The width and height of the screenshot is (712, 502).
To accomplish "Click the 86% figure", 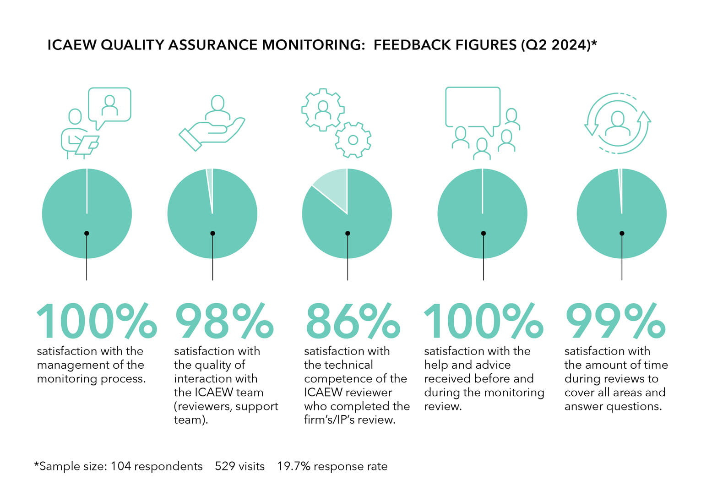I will point(352,321).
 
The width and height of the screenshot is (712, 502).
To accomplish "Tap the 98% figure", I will point(224,321).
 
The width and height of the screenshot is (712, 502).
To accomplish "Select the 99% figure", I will point(615,321).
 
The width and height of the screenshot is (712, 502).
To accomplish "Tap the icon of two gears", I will point(336,123).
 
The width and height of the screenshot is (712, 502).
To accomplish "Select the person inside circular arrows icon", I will point(618,123).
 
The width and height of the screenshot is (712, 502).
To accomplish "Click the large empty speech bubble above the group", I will point(473,107).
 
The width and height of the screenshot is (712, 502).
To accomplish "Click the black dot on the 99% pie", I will point(622,234).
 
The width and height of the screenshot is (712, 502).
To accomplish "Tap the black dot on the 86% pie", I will point(348,234).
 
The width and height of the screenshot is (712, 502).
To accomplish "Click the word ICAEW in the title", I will point(71,45).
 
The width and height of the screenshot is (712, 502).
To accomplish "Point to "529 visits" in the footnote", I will point(240,466).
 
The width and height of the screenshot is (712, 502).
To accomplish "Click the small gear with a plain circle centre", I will point(353,140).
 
